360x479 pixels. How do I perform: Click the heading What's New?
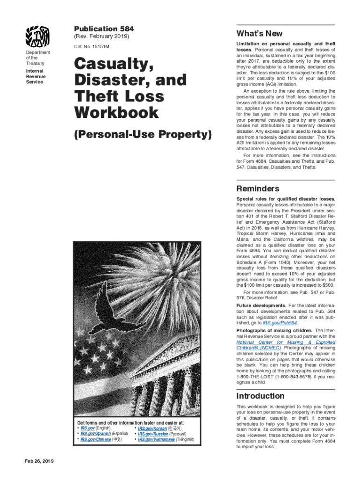(x=259, y=34)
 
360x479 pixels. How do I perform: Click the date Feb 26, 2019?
(x=39, y=461)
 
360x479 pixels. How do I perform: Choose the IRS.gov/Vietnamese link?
(x=157, y=439)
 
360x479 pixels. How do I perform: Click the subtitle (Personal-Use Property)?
(x=143, y=135)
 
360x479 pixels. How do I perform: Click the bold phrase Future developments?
(x=261, y=305)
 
